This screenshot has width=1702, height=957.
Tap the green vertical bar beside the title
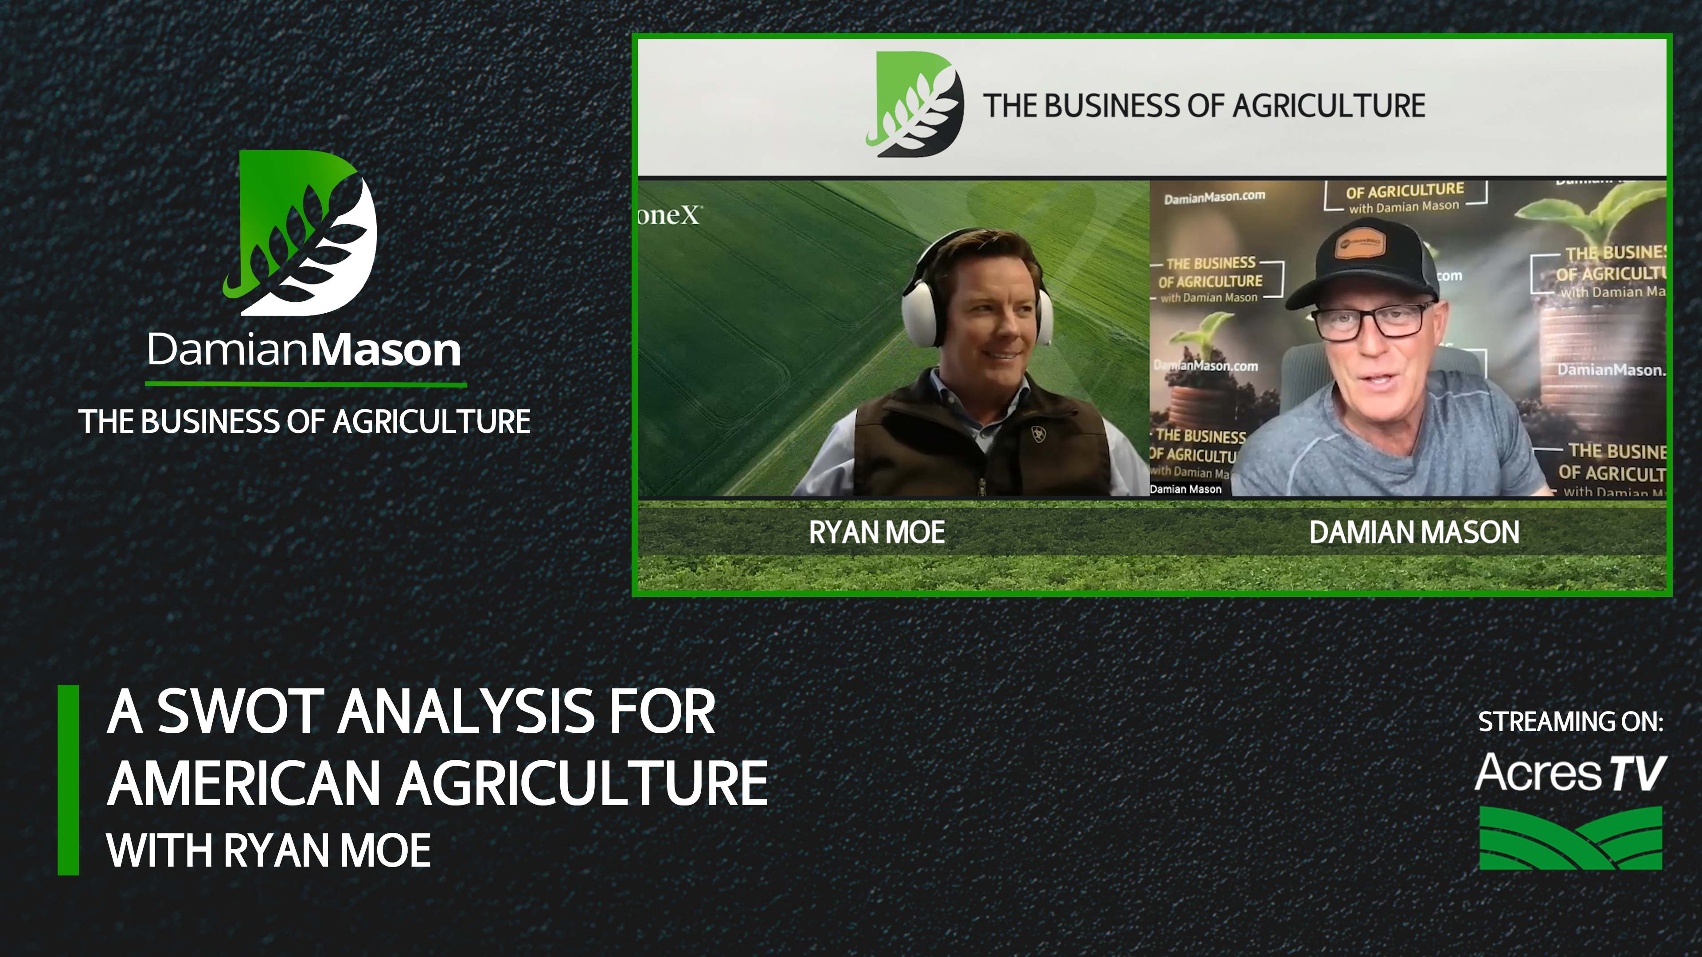[x=68, y=780]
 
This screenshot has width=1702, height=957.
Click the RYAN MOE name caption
[x=877, y=532]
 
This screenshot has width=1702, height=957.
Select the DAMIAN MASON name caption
[x=1414, y=532]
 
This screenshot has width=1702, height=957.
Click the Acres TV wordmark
[x=1570, y=773]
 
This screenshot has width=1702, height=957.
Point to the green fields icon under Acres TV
[x=1570, y=837]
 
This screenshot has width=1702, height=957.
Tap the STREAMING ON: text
[x=1570, y=722]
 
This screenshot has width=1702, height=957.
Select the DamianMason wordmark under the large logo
[x=304, y=350]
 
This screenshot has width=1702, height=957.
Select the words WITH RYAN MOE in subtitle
[x=268, y=851]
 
